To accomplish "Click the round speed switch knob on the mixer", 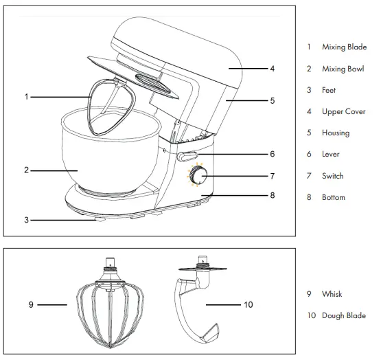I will (x=200, y=177).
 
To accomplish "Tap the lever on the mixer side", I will (x=187, y=156).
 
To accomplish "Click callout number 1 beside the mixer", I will (x=26, y=97).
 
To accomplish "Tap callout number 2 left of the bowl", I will (x=26, y=169).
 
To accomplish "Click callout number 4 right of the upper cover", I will (x=273, y=69).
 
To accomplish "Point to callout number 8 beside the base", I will (x=273, y=195).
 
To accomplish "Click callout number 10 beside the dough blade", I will (x=248, y=304).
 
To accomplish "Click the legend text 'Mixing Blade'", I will (x=343, y=47).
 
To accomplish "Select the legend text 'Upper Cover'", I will (x=343, y=111).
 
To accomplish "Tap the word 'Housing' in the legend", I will (x=335, y=133).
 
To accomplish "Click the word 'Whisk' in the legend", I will (x=332, y=294).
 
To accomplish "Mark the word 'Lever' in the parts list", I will (x=330, y=154).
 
